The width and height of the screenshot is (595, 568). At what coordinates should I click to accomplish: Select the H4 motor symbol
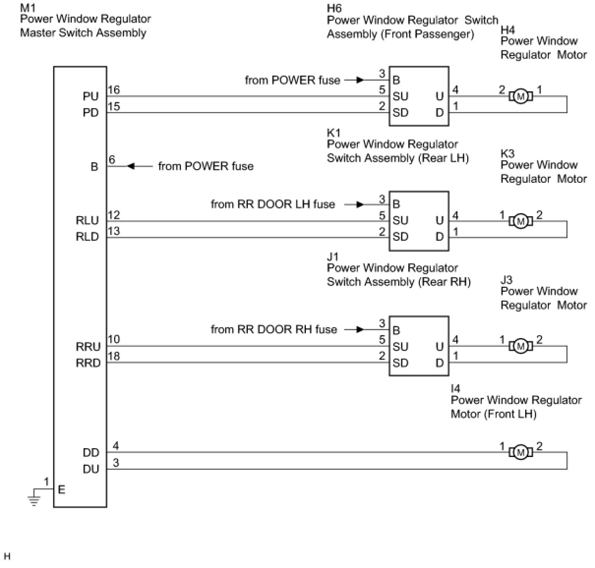520,97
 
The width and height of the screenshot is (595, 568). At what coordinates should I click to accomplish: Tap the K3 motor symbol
520,221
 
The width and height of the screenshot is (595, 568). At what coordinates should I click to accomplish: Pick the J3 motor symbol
520,346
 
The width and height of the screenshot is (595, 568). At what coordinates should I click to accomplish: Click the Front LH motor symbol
520,453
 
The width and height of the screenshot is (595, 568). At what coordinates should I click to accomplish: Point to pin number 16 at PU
114,90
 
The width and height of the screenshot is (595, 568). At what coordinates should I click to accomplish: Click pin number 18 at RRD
114,356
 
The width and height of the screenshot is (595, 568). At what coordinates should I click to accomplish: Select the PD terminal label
91,113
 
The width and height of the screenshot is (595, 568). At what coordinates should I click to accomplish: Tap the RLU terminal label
87,220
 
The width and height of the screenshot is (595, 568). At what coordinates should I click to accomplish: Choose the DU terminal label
91,469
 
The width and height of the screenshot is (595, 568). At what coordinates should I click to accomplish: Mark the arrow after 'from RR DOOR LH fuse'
354,204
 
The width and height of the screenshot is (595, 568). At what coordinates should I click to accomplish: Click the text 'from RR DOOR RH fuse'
274,329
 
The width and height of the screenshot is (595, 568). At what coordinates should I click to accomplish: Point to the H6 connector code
334,8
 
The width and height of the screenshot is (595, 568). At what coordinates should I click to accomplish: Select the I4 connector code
455,389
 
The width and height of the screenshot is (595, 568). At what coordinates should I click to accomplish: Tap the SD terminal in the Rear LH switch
401,237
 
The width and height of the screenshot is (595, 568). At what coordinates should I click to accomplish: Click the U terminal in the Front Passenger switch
440,97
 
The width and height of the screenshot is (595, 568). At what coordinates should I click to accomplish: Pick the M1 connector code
28,7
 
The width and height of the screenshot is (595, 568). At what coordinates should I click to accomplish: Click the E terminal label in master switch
61,490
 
